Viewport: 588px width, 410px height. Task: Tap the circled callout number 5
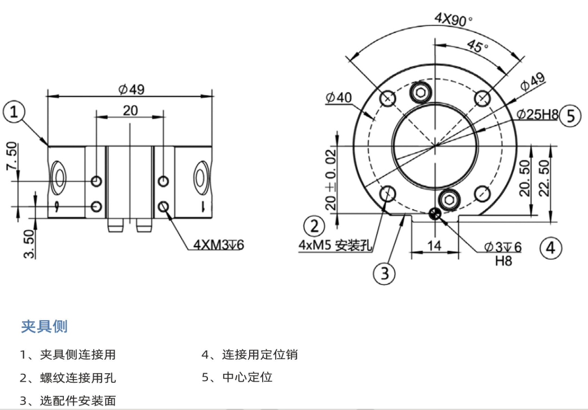click(570, 115)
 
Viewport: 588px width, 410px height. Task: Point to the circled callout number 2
click(313, 226)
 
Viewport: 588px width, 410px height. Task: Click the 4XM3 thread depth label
click(217, 245)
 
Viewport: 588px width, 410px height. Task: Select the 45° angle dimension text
click(478, 46)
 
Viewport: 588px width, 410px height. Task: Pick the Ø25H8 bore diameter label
click(537, 115)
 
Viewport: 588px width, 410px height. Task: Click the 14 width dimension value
click(435, 245)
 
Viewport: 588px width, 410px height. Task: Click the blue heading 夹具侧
click(44, 326)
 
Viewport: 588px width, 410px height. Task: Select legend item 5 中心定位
click(237, 377)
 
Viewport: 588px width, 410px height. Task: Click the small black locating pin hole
click(434, 213)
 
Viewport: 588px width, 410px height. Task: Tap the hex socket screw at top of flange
click(421, 92)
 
